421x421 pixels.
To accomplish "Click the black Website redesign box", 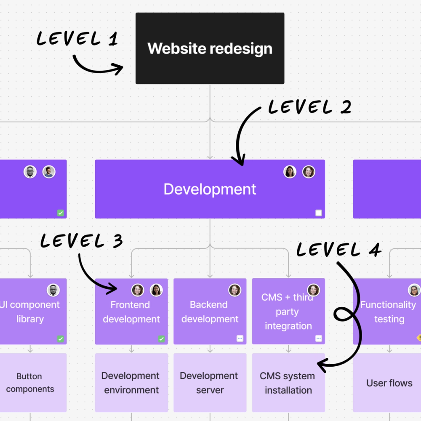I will point(210,48).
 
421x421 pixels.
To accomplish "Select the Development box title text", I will point(210,189).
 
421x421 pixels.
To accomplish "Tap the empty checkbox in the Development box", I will point(319,213).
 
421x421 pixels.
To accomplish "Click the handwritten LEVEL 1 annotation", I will point(77,39).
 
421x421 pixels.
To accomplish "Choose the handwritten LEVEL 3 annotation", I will point(81,241).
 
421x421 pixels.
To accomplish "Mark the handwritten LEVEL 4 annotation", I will point(338,250).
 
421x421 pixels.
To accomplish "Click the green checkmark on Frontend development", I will point(161,339).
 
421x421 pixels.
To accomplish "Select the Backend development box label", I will point(210,312).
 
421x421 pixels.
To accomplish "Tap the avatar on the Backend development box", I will point(234,290).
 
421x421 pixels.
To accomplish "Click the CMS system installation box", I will point(288,383).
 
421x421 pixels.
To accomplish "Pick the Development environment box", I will point(131,383).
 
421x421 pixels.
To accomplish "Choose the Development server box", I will point(210,383).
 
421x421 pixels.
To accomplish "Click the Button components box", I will point(30,383).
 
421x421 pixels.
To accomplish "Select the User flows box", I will point(389,383).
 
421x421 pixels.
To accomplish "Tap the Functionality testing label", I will point(389,312).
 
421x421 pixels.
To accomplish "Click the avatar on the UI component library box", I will point(53,290).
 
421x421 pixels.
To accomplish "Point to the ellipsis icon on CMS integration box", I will point(319,338).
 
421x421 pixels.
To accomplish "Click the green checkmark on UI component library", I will point(61,339).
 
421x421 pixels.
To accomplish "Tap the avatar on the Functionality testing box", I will point(414,290).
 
